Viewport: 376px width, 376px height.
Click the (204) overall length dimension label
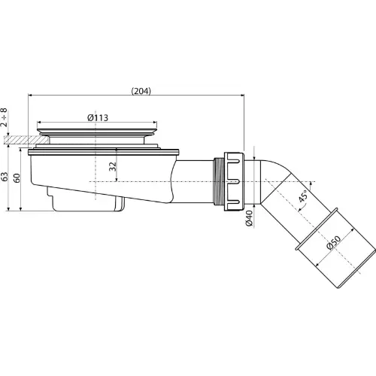click(x=141, y=91)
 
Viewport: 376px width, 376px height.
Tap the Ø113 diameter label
click(x=98, y=117)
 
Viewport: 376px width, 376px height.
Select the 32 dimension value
click(x=113, y=166)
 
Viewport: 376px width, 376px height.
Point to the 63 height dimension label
click(x=5, y=177)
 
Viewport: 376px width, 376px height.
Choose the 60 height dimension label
click(x=17, y=178)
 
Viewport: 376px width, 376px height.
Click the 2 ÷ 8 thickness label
click(x=4, y=117)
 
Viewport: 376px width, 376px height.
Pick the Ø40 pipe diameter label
click(x=250, y=218)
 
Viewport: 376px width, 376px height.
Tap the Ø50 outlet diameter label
click(x=334, y=242)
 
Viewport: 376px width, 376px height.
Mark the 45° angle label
click(x=303, y=196)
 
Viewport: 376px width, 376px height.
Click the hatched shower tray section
click(x=26, y=140)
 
